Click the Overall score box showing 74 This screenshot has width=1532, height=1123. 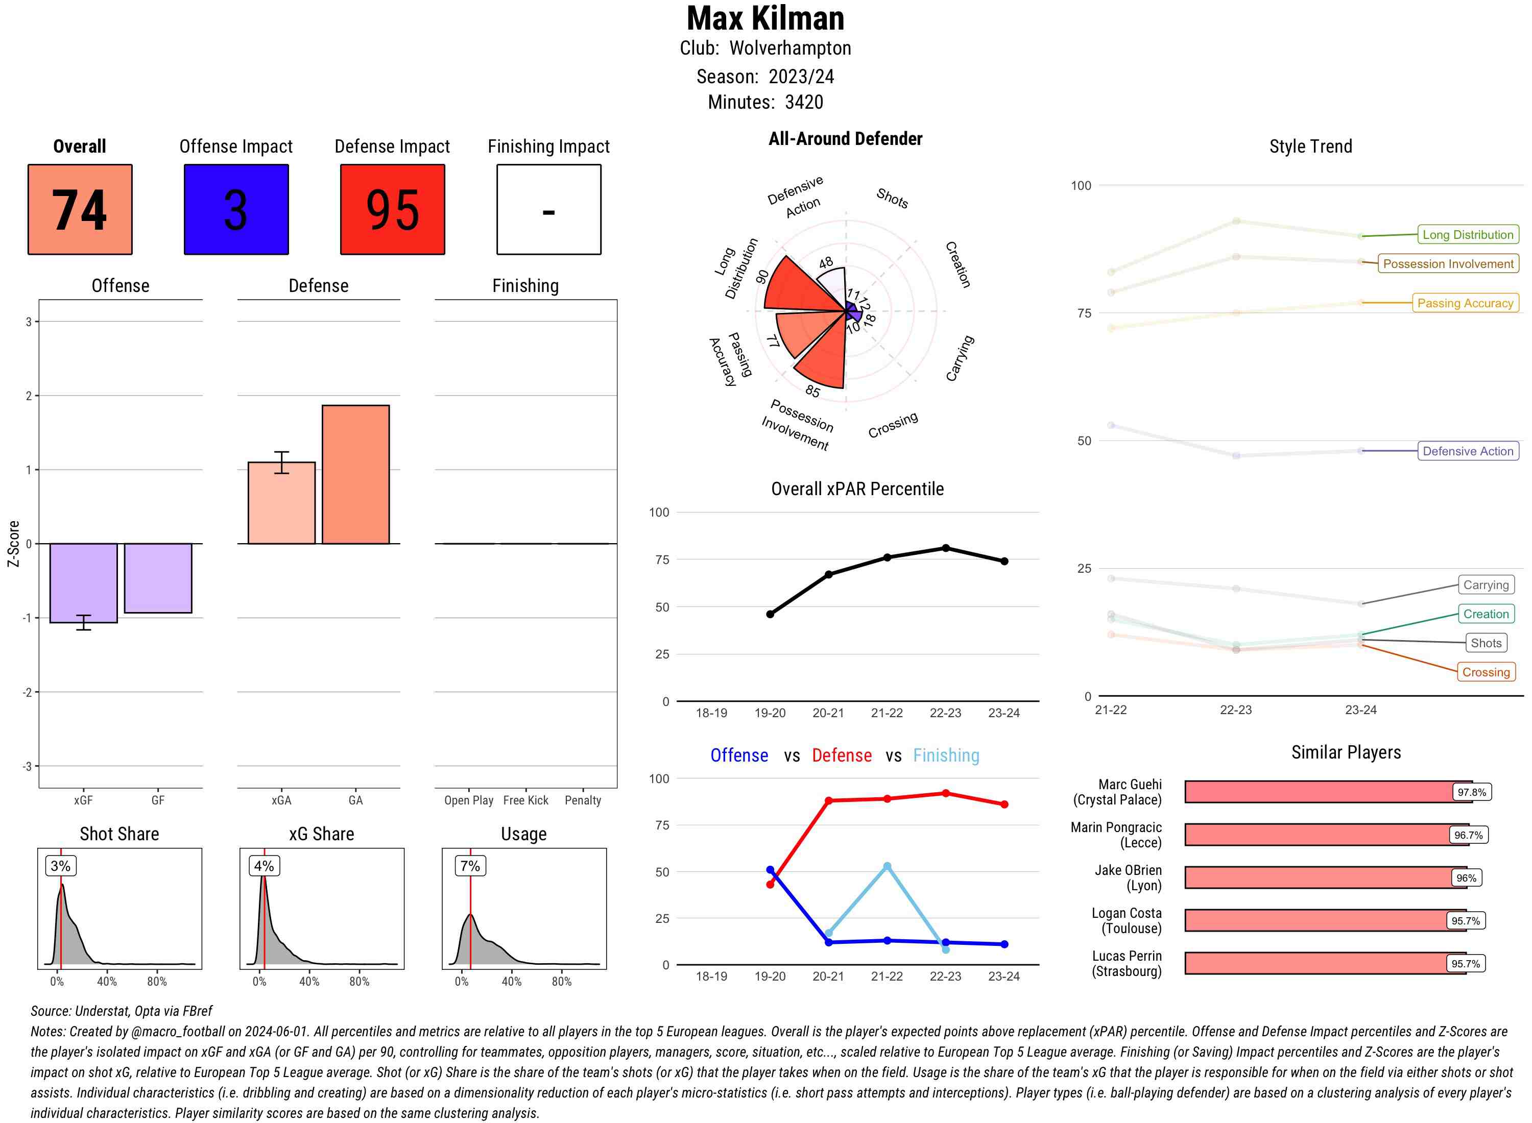80,209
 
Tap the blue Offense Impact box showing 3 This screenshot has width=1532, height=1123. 236,209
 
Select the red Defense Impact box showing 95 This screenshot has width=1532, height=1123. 392,209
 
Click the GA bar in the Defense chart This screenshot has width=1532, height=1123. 355,475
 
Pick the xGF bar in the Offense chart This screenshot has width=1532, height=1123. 84,582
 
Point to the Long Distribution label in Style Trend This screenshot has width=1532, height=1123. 1468,234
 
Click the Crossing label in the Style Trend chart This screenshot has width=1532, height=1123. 1485,672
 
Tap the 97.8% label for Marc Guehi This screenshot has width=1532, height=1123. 1471,792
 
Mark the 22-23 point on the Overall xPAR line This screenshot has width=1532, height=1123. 945,548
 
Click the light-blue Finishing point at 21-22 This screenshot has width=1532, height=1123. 887,866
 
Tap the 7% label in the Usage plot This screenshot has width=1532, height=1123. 470,866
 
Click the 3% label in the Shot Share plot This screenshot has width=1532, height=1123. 61,866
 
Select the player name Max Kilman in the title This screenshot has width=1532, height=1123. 765,18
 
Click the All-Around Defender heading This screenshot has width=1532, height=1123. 845,139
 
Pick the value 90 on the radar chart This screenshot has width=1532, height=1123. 762,277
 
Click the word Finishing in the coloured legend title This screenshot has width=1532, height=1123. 946,755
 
